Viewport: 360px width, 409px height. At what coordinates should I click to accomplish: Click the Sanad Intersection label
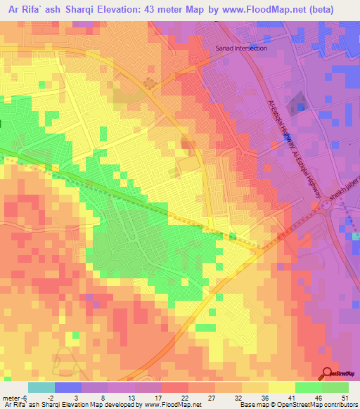tap(240, 48)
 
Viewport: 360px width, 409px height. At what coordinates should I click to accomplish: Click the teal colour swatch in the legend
tap(41, 387)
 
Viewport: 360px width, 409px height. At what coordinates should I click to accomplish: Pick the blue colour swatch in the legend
tap(67, 387)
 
